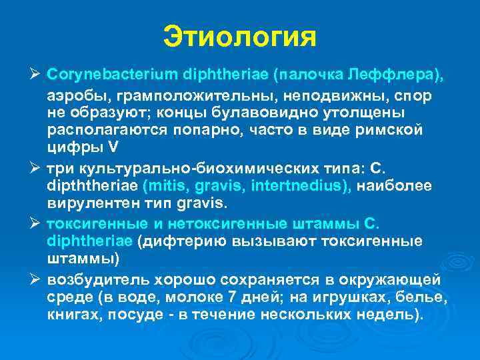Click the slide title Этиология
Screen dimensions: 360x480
[x=240, y=37]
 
